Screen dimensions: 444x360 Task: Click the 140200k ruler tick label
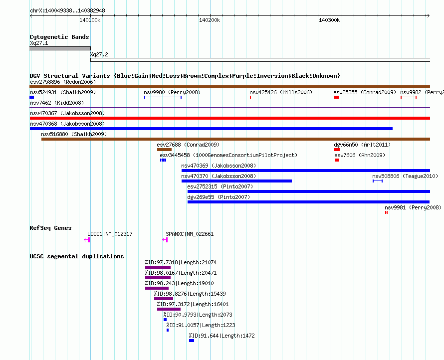tap(210, 20)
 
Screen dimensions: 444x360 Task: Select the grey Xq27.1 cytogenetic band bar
tap(60, 48)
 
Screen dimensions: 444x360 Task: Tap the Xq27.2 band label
tap(99, 54)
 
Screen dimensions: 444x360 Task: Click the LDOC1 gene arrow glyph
tap(87, 240)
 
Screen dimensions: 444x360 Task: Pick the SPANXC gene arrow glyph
tap(165, 240)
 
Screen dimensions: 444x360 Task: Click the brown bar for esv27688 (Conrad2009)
tap(164, 150)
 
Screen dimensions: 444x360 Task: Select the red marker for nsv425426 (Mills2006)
tap(250, 97)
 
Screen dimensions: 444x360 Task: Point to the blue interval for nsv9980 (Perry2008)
tap(163, 97)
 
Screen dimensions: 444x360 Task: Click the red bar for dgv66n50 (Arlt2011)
tap(337, 150)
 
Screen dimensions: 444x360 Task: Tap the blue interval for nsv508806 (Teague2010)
tap(378, 181)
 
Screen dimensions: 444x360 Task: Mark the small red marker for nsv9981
tap(386, 212)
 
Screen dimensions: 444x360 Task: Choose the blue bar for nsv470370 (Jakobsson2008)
tap(237, 181)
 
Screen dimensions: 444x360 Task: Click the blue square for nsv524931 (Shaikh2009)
tap(32, 97)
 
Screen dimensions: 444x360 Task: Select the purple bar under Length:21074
tap(158, 267)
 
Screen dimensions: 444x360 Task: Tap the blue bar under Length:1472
tap(192, 341)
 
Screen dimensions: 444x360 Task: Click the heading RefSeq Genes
tap(50, 228)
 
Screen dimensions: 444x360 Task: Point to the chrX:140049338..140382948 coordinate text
tap(67, 10)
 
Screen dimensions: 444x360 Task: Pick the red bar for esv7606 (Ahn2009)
tap(337, 160)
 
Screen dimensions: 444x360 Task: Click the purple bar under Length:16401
tap(169, 309)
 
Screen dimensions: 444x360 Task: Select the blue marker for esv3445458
tap(163, 160)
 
